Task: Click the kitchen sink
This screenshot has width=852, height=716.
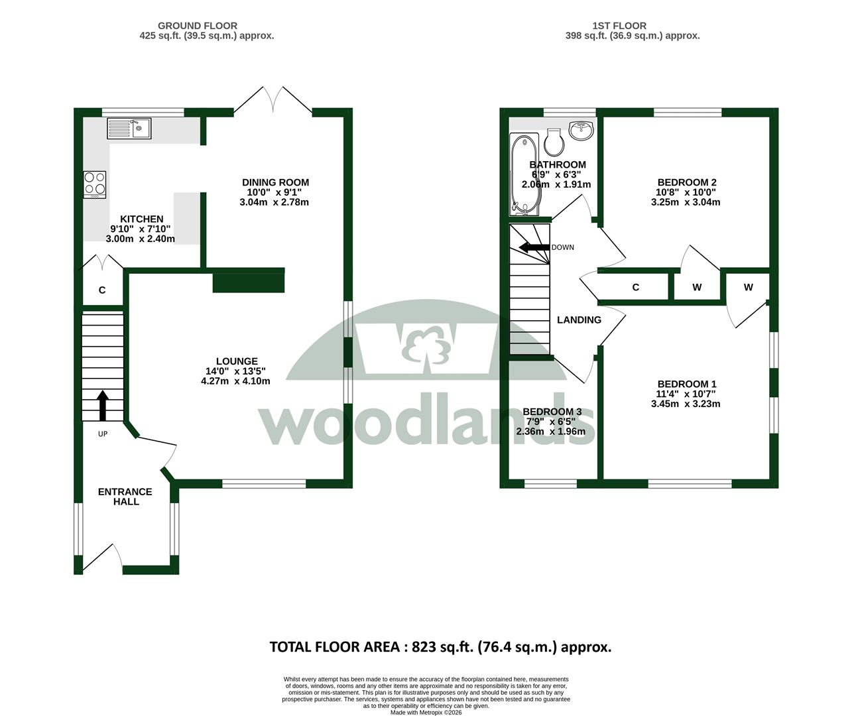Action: tap(129, 129)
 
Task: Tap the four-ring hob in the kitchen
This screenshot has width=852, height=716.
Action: tap(95, 184)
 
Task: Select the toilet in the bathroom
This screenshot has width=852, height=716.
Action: tap(554, 143)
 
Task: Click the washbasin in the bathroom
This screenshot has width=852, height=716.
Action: tap(581, 130)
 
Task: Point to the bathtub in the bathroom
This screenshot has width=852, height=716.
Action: tap(524, 174)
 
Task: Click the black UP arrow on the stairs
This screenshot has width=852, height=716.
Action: tap(102, 406)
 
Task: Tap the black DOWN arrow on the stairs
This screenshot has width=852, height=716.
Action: tap(534, 247)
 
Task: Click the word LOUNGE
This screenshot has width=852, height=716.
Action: tap(237, 361)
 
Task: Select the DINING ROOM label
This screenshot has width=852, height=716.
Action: tap(275, 182)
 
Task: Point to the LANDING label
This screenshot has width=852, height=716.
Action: tap(579, 320)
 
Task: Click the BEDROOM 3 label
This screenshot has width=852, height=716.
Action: tap(552, 412)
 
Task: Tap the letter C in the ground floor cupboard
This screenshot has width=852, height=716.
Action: tap(102, 290)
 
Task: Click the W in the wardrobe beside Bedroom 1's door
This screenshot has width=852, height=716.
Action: tap(748, 287)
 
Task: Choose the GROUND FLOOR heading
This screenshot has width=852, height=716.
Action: tap(198, 26)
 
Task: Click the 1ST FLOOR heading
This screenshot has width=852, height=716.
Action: tap(619, 26)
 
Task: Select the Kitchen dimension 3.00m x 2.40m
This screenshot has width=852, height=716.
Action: tap(141, 239)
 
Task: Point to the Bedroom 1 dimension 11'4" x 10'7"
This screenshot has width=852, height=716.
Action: tap(686, 394)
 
